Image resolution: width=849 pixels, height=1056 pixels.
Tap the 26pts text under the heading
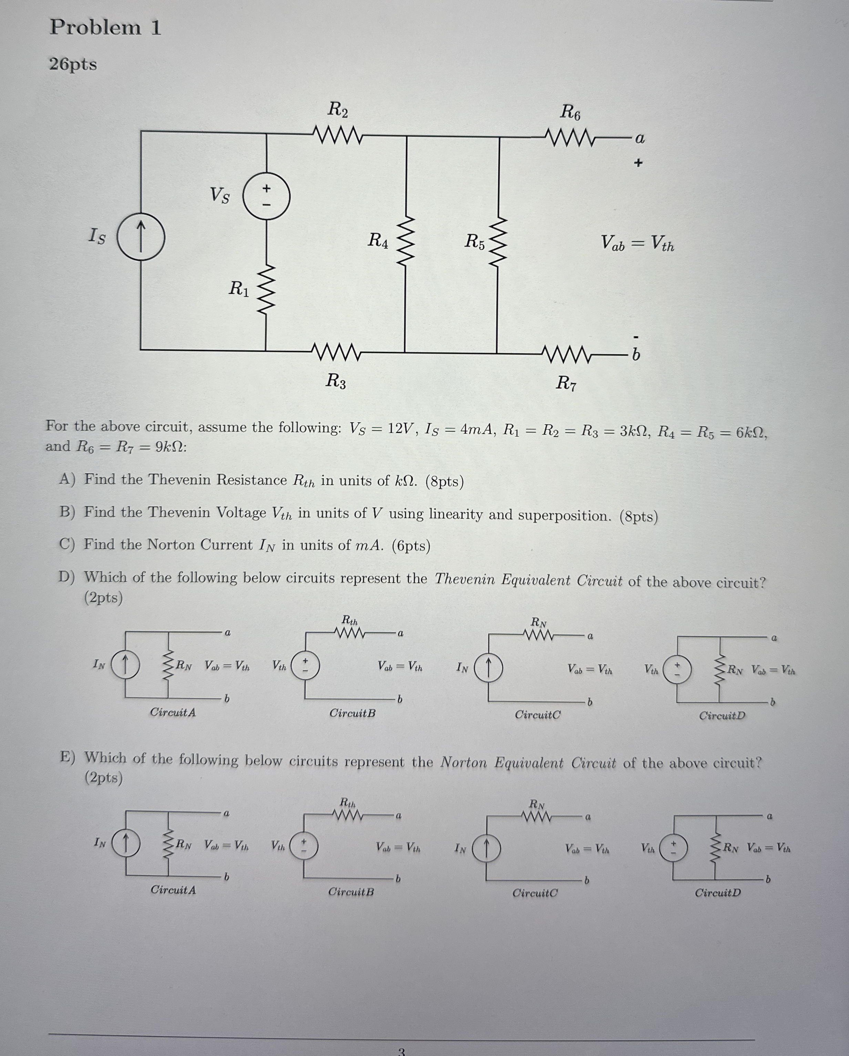(x=73, y=64)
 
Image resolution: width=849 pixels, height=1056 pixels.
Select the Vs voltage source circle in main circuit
(x=266, y=196)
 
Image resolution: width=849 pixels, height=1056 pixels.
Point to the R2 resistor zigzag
(x=337, y=135)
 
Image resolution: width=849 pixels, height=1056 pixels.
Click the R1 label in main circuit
(x=239, y=289)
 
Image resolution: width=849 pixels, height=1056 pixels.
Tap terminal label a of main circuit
(x=640, y=139)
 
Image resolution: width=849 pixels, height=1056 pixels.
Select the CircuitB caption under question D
(x=352, y=713)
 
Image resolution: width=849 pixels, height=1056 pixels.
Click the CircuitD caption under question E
(x=717, y=892)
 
